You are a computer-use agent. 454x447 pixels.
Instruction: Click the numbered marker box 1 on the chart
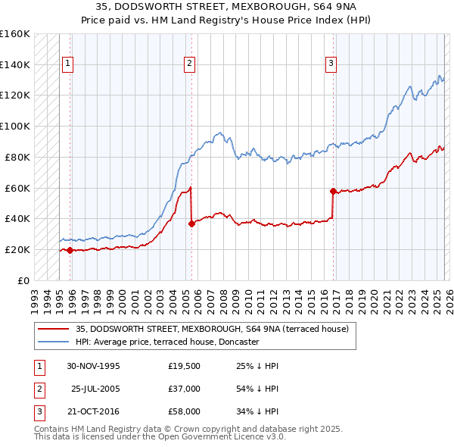[68, 64]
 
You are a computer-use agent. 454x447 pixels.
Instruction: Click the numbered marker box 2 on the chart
[188, 64]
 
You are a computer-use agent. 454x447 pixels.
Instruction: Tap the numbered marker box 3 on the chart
[331, 64]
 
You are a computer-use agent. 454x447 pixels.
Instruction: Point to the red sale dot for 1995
[70, 250]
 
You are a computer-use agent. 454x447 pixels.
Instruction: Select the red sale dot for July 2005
[191, 223]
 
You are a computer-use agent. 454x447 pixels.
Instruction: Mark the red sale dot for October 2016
[333, 191]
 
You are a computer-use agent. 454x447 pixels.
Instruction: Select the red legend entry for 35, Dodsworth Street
[212, 329]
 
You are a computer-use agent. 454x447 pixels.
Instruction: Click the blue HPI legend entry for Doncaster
[167, 342]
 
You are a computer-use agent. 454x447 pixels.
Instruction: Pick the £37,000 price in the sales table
[185, 389]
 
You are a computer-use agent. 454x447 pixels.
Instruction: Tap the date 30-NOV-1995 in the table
[93, 366]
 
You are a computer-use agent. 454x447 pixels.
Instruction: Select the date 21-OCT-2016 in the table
[93, 411]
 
